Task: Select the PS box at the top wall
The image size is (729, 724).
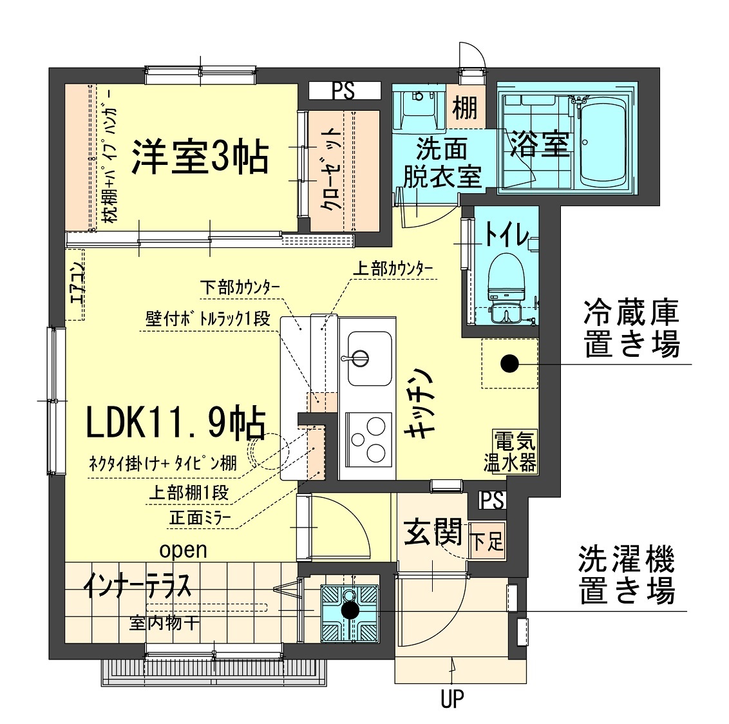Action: point(343,91)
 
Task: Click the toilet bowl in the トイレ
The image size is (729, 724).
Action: point(506,277)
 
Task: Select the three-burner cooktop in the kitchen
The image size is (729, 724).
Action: point(368,437)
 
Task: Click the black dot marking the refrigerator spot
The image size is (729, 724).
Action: point(509,364)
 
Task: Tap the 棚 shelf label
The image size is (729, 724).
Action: point(464,107)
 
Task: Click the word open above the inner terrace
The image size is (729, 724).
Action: point(183,549)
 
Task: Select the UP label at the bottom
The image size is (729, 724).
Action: point(452,699)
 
